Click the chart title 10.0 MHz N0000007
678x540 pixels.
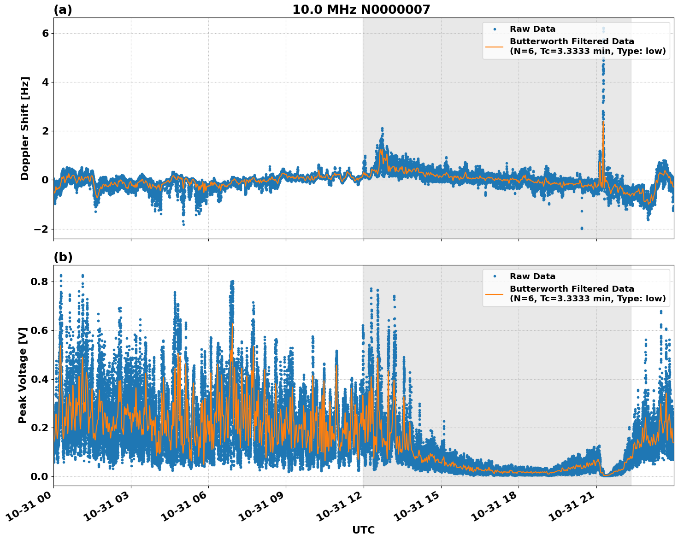pyautogui.click(x=361, y=10)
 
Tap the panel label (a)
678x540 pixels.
pyautogui.click(x=63, y=10)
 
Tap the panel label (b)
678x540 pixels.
pyautogui.click(x=63, y=257)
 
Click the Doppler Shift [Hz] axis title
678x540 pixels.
pyautogui.click(x=25, y=128)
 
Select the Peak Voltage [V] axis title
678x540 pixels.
pyautogui.click(x=23, y=375)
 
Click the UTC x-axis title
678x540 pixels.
pyautogui.click(x=363, y=530)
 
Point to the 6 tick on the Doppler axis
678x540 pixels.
pyautogui.click(x=45, y=34)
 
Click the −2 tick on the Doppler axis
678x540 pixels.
pyautogui.click(x=41, y=229)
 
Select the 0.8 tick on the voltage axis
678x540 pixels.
pyautogui.click(x=39, y=282)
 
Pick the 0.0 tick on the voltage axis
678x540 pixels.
pyautogui.click(x=39, y=476)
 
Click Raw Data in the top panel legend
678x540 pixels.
pyautogui.click(x=532, y=29)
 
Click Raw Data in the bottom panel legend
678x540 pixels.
pyautogui.click(x=532, y=276)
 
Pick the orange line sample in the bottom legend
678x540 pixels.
pyautogui.click(x=494, y=294)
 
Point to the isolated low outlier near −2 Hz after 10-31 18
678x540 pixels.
pyautogui.click(x=581, y=228)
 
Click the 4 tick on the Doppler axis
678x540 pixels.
pyautogui.click(x=45, y=82)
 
